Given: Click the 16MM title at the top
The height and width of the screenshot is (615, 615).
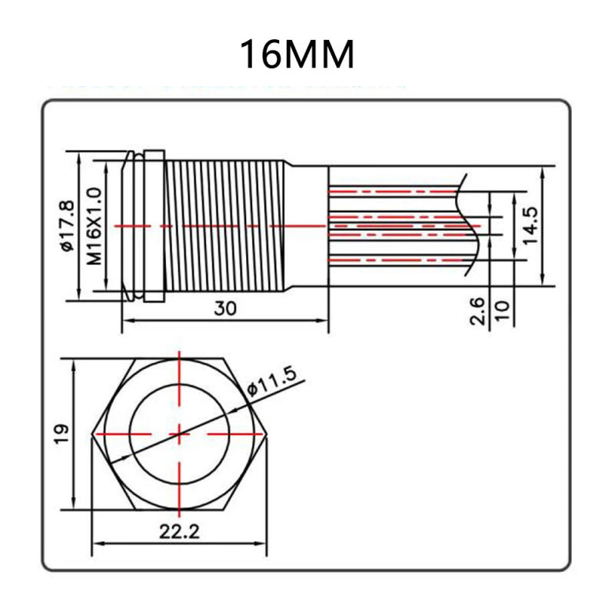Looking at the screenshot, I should (x=298, y=55).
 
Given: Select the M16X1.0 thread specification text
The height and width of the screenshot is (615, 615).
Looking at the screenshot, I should (x=94, y=226).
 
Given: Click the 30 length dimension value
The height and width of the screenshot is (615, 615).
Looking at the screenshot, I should (x=225, y=307).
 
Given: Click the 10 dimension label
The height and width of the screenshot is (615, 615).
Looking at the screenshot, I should (x=502, y=311).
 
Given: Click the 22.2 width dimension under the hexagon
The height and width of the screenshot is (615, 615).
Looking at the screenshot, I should (x=178, y=531).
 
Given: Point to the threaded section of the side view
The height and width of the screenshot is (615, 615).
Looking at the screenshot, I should (x=227, y=226).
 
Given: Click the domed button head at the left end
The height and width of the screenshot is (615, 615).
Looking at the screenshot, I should (x=128, y=226).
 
